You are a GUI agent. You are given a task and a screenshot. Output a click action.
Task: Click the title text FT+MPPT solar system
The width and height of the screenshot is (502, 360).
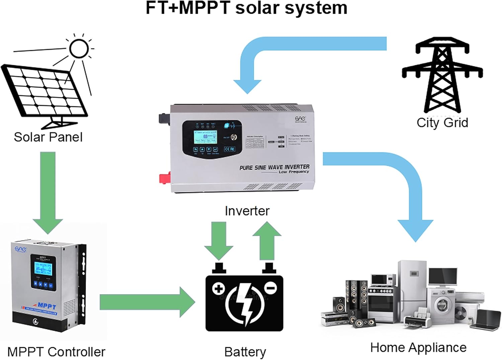246,8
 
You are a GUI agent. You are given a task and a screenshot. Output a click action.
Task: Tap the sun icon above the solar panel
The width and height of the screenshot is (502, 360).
79,49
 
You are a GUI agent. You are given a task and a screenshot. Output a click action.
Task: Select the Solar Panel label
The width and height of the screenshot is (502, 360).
48,137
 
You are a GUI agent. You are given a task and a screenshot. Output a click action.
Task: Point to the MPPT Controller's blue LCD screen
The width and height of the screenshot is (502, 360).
43,269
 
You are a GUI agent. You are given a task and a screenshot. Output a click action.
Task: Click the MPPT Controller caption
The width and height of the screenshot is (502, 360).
56,352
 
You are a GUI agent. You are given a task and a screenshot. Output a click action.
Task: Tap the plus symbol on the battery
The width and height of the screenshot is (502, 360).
219,289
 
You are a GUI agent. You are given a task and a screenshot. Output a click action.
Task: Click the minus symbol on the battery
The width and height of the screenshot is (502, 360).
270,287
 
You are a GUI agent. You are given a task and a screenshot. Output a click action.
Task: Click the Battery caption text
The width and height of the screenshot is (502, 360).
245,352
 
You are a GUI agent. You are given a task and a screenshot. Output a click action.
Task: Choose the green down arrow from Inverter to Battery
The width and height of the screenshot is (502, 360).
219,241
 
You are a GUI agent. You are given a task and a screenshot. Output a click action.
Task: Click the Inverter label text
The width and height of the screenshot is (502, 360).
247,211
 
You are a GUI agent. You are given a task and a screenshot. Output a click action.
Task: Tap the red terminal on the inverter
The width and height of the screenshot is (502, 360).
165,178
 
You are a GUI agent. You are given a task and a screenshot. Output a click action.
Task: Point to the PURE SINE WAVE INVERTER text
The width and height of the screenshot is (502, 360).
274,167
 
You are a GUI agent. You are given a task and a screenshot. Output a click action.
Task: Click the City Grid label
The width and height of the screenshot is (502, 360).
442,123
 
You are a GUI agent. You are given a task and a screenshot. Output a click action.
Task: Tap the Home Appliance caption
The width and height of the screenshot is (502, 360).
418,348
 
